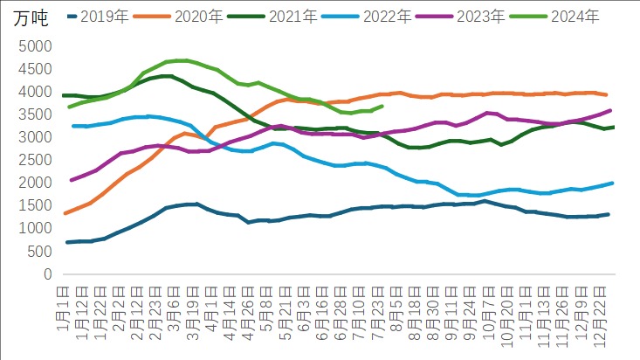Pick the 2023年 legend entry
[x=493, y=17]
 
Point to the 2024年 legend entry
[x=588, y=17]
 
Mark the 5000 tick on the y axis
[x=32, y=46]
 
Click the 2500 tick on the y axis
[x=32, y=160]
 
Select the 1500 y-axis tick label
[x=32, y=205]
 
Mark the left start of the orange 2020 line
[x=66, y=213]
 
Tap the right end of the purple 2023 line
[x=609, y=111]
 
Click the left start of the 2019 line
[x=67, y=242]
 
